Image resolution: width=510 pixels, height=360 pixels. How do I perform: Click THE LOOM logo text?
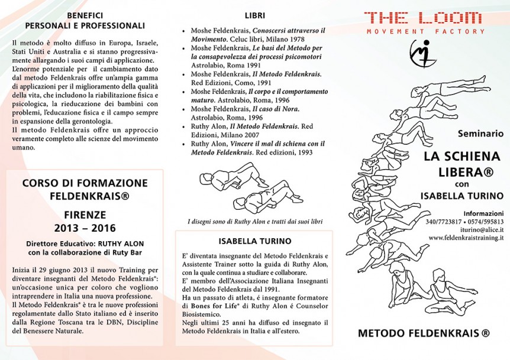click(x=425, y=18)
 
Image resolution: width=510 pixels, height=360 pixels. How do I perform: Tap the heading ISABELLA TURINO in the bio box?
click(x=254, y=241)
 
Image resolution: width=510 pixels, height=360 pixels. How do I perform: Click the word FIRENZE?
click(x=85, y=215)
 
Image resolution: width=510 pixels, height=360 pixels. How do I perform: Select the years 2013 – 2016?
click(x=85, y=228)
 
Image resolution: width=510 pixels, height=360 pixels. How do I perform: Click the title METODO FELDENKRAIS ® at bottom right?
click(x=424, y=333)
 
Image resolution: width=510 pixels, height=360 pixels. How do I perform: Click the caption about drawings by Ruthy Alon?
click(x=255, y=221)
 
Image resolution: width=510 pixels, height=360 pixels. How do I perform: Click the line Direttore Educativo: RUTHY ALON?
click(x=85, y=243)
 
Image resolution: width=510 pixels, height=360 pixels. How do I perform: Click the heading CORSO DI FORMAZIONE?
click(x=85, y=183)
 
